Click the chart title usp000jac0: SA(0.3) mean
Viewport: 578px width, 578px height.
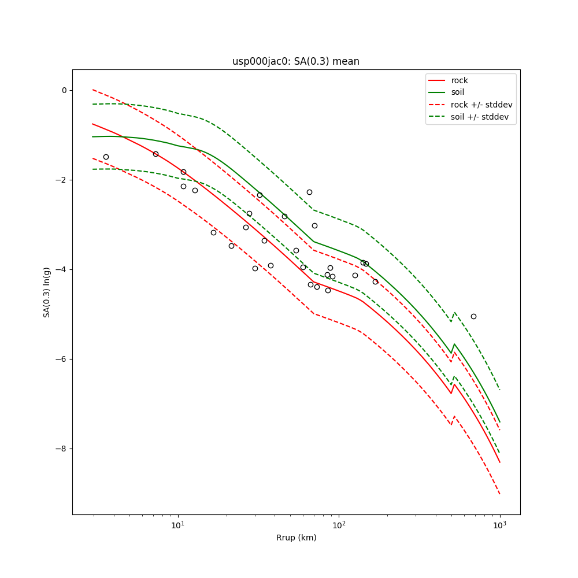pos(295,61)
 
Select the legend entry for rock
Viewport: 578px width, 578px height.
pos(460,80)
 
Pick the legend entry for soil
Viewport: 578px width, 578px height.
pos(457,92)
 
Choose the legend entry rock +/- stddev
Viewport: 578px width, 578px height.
pos(481,105)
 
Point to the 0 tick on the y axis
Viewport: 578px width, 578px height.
pos(64,90)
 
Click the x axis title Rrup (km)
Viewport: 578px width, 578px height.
pos(296,538)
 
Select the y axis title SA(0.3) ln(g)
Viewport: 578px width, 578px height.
pos(46,292)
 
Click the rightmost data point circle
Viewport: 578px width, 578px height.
pos(473,316)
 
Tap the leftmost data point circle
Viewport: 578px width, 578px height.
pos(106,157)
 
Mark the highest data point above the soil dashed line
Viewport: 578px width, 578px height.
pos(309,192)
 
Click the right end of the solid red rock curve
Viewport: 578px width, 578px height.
pos(499,462)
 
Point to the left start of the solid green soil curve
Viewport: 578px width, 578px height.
pos(93,137)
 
